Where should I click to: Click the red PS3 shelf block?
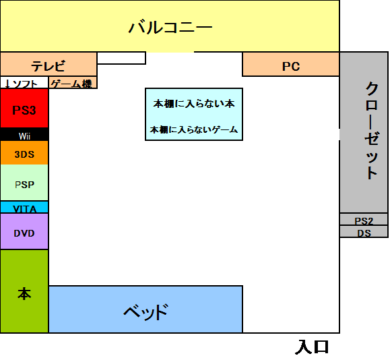[x=24, y=108]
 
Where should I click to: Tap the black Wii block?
[x=24, y=134]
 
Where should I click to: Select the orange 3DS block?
[x=24, y=152]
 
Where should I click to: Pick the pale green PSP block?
[x=24, y=183]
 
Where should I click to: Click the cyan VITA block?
[x=24, y=207]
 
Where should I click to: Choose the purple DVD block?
[x=24, y=231]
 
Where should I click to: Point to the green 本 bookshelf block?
[x=24, y=291]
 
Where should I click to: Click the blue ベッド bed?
[x=145, y=309]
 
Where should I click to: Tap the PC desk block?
[x=291, y=64]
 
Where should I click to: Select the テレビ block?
[x=48, y=64]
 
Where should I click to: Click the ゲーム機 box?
[x=73, y=82]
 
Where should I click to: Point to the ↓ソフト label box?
[x=24, y=82]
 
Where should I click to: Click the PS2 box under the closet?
[x=364, y=219]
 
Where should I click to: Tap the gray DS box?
[x=364, y=231]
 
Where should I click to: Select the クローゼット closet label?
[x=372, y=131]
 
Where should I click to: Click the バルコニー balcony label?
[x=170, y=27]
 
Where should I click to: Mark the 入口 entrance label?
[x=312, y=347]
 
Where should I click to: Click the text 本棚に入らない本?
[x=194, y=104]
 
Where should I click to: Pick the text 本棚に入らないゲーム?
[x=194, y=129]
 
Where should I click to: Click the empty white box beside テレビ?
[x=121, y=58]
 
